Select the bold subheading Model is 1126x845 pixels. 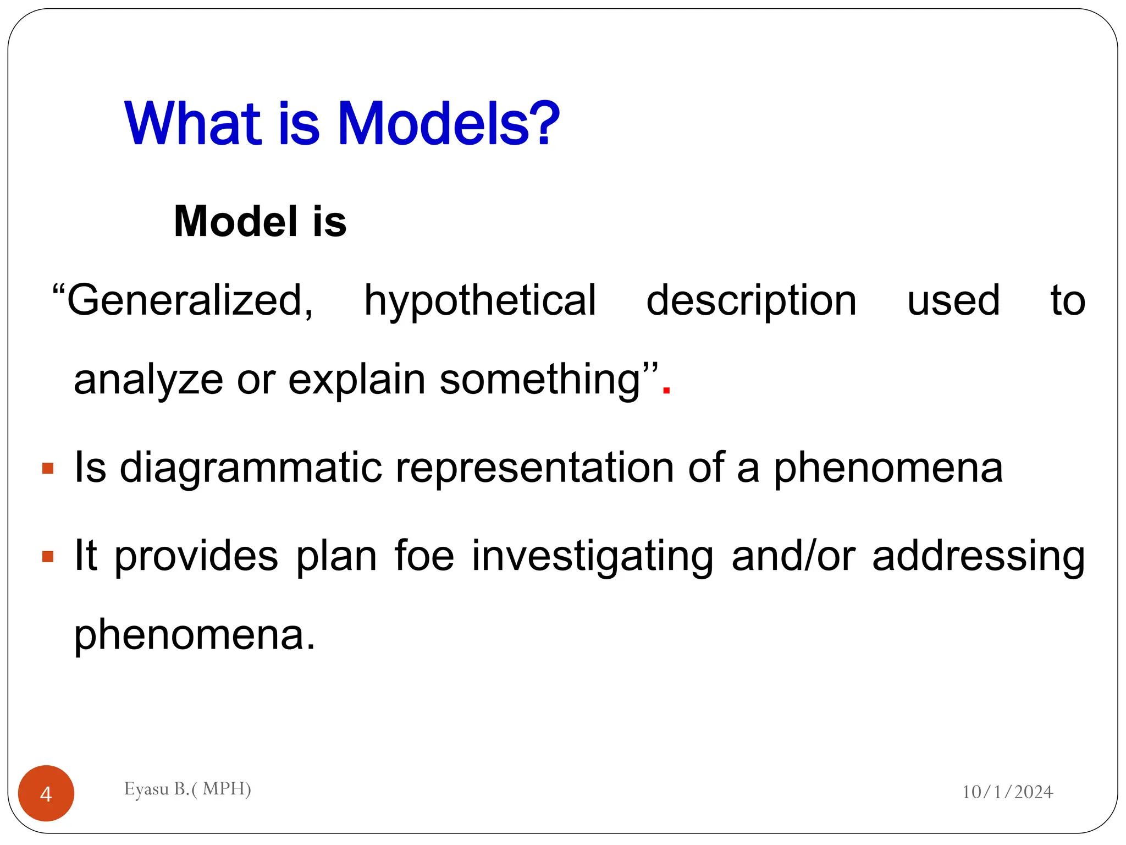[x=260, y=221]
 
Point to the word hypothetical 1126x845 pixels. [x=480, y=301]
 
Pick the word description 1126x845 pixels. [x=751, y=301]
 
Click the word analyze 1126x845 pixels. [x=148, y=380]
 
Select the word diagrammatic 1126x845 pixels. [x=251, y=468]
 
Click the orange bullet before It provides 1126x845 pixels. [x=48, y=557]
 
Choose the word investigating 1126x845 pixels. [x=593, y=557]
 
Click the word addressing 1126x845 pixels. [x=979, y=557]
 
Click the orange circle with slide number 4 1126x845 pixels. [x=46, y=793]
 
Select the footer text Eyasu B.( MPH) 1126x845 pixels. [x=187, y=789]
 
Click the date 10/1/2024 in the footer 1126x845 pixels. [x=1007, y=792]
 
